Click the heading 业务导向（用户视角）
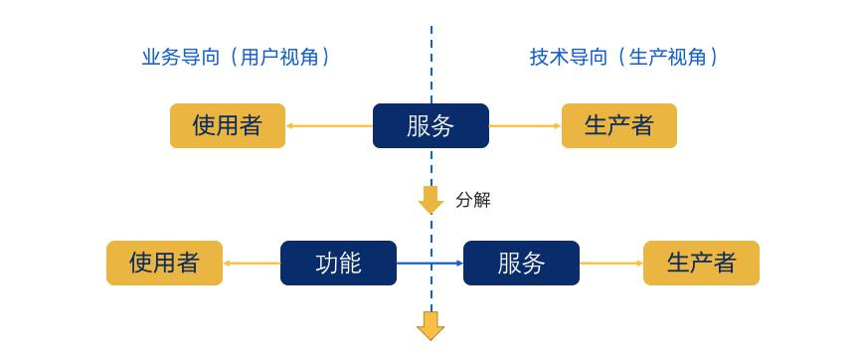click(x=235, y=58)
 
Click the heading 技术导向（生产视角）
click(x=623, y=58)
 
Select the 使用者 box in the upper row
click(x=228, y=125)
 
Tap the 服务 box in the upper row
click(x=431, y=125)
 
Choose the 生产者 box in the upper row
click(x=618, y=125)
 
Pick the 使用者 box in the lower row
click(x=164, y=263)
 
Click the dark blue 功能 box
click(x=338, y=263)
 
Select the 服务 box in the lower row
click(x=521, y=263)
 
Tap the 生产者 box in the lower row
click(x=701, y=263)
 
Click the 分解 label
click(x=473, y=200)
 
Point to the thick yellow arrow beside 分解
click(x=431, y=200)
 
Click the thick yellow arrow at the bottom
click(x=431, y=325)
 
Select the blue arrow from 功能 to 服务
click(x=430, y=263)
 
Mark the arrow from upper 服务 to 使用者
click(x=329, y=126)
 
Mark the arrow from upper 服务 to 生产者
click(x=525, y=126)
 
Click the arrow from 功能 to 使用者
click(x=252, y=264)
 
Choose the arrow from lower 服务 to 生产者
click(x=611, y=264)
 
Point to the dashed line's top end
click(x=431, y=28)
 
